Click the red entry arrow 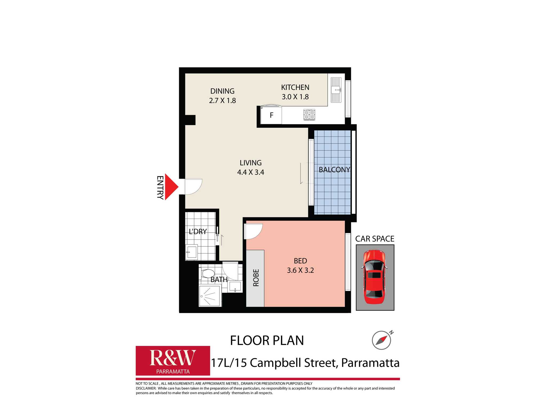[171, 187]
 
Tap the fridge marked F [271, 115]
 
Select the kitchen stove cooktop [309, 115]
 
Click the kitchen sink [336, 90]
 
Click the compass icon [382, 340]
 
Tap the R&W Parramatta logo [173, 361]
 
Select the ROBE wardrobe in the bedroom [255, 278]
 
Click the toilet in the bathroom [208, 273]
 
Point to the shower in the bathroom [210, 296]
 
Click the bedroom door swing [253, 231]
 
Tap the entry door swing [193, 186]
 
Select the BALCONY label [334, 170]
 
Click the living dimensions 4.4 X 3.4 [250, 172]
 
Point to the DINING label [222, 91]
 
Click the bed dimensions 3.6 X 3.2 [300, 270]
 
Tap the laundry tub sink [192, 252]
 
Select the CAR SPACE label [375, 239]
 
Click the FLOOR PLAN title [267, 341]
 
